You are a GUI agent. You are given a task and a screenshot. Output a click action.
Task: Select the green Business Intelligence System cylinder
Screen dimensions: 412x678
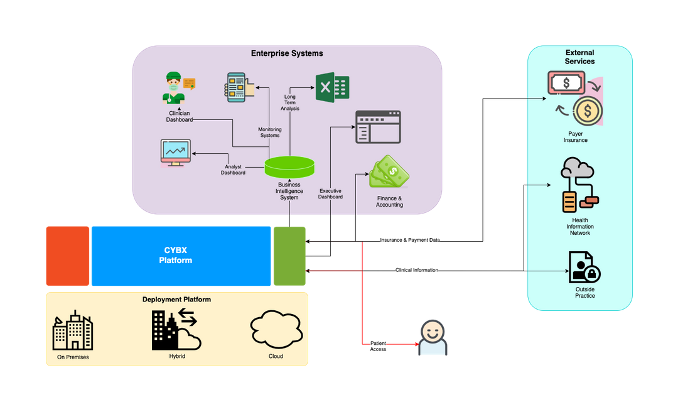tap(289, 167)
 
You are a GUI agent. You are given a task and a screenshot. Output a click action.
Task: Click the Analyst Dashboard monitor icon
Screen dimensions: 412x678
tap(176, 153)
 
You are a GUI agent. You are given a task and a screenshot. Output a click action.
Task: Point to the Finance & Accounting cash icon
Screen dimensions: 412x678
tap(389, 173)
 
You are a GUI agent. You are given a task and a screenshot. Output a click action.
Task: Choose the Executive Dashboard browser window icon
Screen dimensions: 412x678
tap(378, 127)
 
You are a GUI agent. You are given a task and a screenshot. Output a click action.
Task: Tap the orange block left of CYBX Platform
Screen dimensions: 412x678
tap(68, 256)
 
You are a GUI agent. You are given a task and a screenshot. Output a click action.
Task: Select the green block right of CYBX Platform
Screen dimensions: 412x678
tap(289, 256)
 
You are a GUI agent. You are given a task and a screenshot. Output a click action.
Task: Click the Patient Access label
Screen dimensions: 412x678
tap(378, 346)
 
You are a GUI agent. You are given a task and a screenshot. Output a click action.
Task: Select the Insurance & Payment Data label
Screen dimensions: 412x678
tap(410, 240)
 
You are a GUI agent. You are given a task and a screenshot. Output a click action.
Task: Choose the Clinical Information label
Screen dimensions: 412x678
tap(417, 270)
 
